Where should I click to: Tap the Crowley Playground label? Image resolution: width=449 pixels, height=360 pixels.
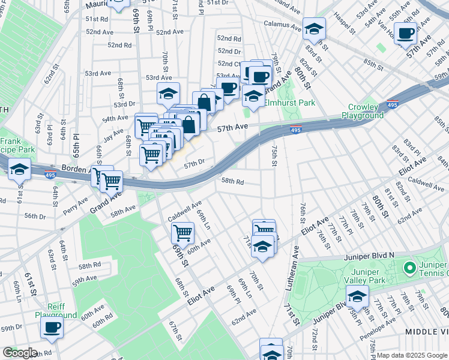[363, 112]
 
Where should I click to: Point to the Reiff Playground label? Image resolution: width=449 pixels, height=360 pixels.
[56, 311]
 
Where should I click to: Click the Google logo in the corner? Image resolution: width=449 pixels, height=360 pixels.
[20, 353]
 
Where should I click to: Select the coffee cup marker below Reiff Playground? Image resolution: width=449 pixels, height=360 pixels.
[52, 328]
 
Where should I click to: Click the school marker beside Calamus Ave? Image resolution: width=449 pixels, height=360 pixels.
[313, 28]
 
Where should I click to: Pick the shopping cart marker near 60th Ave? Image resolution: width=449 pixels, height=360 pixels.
[182, 232]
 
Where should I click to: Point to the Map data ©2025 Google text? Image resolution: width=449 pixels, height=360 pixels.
[412, 355]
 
